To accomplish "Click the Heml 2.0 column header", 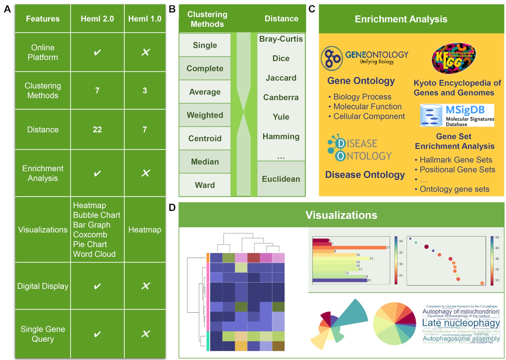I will tap(97, 19).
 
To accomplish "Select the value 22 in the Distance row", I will tap(97, 130).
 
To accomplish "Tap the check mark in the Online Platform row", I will tap(97, 52).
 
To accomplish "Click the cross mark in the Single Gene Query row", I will tap(146, 334).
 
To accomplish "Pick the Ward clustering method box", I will tap(205, 185).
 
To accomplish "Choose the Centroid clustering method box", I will tap(205, 138).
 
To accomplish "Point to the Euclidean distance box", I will tap(281, 179).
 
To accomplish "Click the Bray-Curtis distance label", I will tap(281, 39).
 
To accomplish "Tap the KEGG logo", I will tap(454, 58).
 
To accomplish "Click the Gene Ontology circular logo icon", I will tap(332, 58).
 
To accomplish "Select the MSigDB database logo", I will tap(457, 116).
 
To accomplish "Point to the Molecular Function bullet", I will tap(367, 107).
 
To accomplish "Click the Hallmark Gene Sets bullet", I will tap(455, 160).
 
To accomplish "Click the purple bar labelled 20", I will tap(340, 280).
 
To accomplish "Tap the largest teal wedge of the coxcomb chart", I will tap(353, 313).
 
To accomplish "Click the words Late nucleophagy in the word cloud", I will tap(461, 323).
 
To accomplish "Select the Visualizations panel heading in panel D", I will tap(341, 215).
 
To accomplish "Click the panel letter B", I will tap(172, 9).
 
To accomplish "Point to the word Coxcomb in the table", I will tap(90, 235).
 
